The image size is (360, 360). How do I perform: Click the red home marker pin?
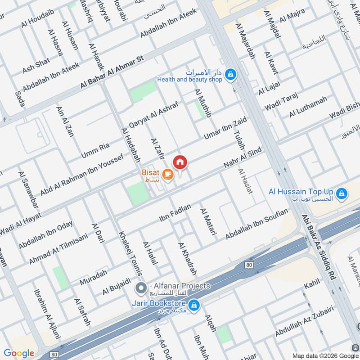(180, 162)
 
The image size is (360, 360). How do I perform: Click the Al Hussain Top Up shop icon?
(342, 193)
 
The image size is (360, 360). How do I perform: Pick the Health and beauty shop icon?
(230, 75)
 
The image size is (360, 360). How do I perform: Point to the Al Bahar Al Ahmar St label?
(111, 72)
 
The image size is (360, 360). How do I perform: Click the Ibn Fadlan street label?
(175, 213)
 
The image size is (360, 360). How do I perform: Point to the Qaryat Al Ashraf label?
(153, 114)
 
